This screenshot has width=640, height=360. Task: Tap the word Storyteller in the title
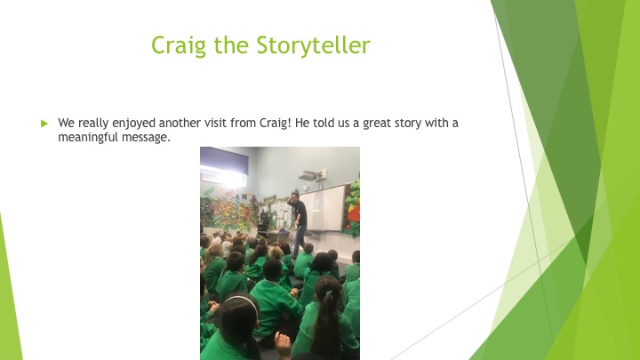314,45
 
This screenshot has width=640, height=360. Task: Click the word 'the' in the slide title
231,45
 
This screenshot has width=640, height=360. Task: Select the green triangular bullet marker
44,124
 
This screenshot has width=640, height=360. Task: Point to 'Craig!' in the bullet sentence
275,124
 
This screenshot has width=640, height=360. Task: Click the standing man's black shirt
300,211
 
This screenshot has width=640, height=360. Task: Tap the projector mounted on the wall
309,176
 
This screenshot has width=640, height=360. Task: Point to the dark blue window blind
224,160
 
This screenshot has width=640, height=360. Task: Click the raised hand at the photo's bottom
283,345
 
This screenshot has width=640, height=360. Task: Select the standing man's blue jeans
300,240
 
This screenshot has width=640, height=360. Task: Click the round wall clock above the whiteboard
306,187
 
